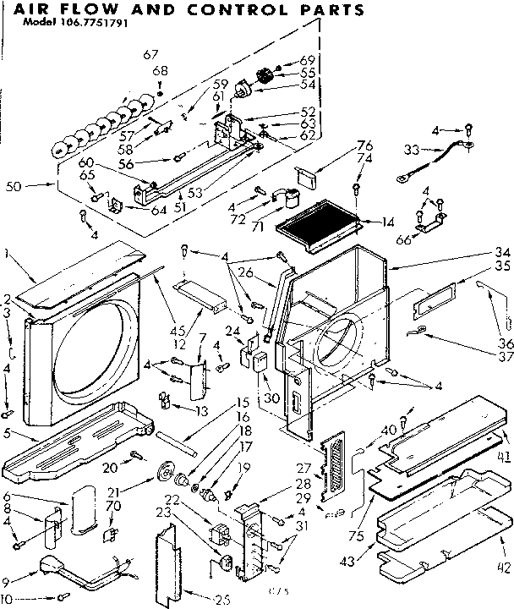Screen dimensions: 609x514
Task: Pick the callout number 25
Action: coord(222,600)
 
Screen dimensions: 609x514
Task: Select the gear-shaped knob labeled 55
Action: coord(261,78)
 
